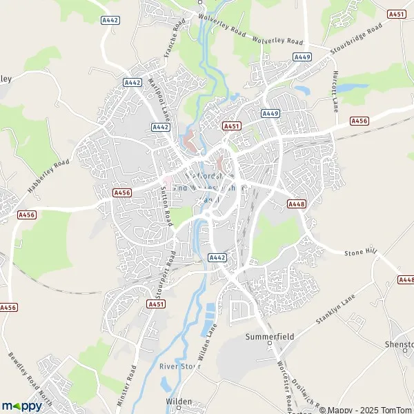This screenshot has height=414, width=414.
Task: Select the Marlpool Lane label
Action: pyautogui.click(x=159, y=96)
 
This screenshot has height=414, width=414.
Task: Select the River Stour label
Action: pyautogui.click(x=179, y=366)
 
